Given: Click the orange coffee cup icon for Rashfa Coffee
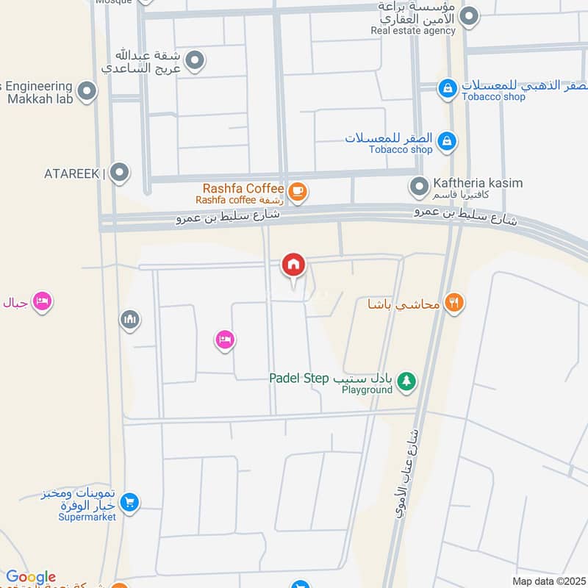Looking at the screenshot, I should [297, 192].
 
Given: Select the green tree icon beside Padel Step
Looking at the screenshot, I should [406, 381].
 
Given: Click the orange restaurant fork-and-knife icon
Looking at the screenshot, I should [454, 302].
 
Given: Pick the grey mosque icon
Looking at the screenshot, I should [130, 320].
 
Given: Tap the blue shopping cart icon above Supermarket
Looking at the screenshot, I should [129, 503].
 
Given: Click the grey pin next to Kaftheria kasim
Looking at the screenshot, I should [419, 187].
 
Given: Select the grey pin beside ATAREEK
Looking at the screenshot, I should [120, 173].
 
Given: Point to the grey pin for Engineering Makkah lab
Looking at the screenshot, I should [87, 92].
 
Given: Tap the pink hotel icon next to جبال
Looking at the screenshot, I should [42, 301].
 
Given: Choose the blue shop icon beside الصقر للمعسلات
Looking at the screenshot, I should [445, 140].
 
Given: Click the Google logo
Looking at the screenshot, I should [31, 578].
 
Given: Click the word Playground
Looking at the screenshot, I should [367, 390].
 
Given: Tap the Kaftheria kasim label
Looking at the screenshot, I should [478, 183].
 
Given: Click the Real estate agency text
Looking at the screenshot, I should [413, 31].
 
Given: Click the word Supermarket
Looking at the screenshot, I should [87, 517].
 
